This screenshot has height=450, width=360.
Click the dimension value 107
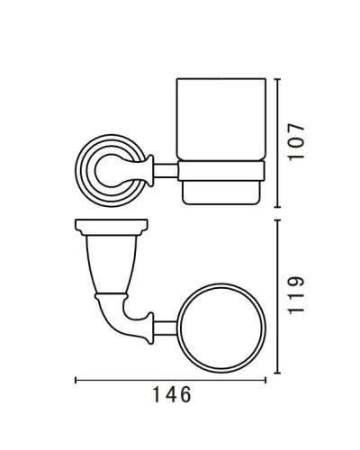click(301, 141)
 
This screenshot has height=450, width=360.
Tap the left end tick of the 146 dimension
click(75, 379)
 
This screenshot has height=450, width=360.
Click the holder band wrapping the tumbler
click(223, 166)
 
